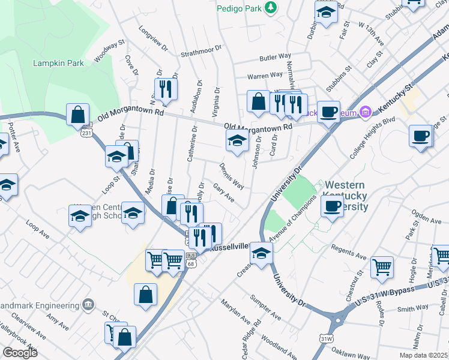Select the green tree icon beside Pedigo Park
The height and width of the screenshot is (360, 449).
coord(271,7)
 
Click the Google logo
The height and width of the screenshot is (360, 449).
coord(19,353)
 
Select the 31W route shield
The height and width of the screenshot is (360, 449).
coord(326,338)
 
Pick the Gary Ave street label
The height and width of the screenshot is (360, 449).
coord(224,193)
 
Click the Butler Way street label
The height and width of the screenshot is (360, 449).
coord(276,58)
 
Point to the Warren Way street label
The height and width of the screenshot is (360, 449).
coord(265,76)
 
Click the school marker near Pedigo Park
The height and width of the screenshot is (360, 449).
coord(326,13)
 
